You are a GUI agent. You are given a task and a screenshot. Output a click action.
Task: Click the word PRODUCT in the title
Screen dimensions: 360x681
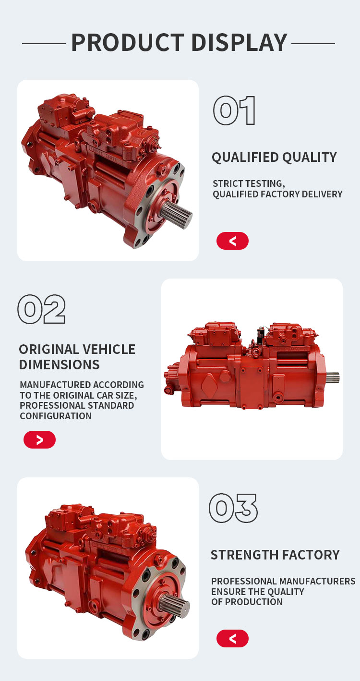[x=128, y=43]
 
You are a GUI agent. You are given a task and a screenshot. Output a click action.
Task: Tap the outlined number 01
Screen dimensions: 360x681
[x=234, y=110]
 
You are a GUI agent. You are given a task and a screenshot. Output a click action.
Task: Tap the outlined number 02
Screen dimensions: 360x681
[x=42, y=309]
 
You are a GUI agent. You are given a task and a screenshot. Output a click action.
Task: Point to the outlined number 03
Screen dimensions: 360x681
[x=233, y=508]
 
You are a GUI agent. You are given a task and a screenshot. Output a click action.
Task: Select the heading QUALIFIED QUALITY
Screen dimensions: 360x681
[x=275, y=158]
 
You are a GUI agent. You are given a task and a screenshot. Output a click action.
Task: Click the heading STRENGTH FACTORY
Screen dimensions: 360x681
[x=275, y=555]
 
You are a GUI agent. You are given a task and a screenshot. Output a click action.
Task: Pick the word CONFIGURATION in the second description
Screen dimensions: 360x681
[x=56, y=416]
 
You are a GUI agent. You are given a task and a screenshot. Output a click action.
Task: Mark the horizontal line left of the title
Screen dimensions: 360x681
[x=44, y=44]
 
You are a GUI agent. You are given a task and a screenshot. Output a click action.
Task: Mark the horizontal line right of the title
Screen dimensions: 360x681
[x=313, y=44]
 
